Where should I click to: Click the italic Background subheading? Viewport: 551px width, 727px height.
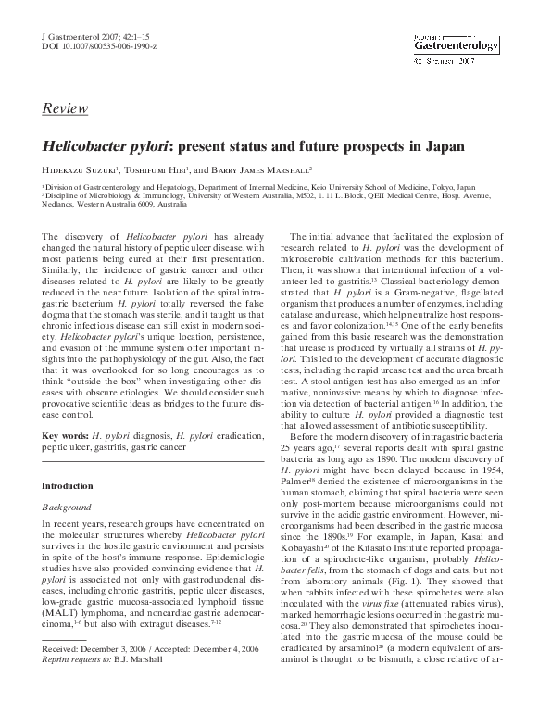click(67, 508)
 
